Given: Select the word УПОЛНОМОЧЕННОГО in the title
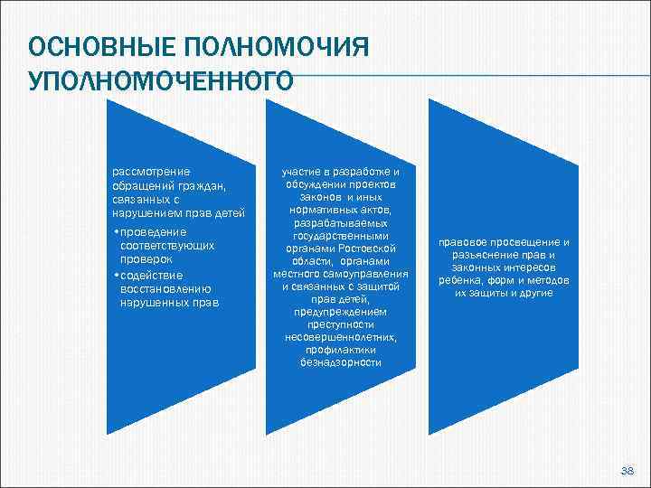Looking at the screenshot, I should click(x=161, y=80).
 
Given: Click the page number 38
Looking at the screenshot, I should click(x=627, y=471).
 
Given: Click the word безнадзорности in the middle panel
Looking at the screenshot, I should click(x=340, y=362).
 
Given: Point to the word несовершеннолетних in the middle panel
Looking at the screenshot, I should click(x=340, y=337).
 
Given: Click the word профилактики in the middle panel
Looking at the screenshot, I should click(x=340, y=350).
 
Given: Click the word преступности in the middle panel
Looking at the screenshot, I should click(x=340, y=324).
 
